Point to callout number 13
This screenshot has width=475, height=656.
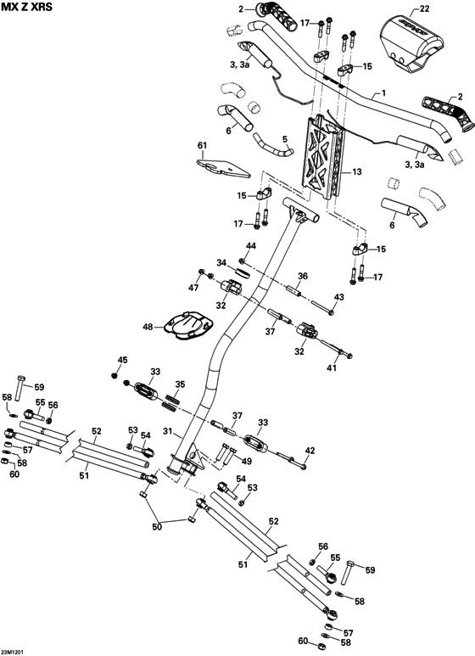click(x=357, y=171)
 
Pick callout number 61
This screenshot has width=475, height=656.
click(x=202, y=145)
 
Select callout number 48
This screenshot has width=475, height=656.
click(x=148, y=327)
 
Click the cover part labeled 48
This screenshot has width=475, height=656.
click(x=188, y=327)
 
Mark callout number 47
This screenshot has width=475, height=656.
click(x=194, y=289)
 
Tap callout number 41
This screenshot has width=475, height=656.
click(x=332, y=367)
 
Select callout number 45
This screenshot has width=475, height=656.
click(x=123, y=361)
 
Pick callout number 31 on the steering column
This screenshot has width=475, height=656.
click(x=167, y=431)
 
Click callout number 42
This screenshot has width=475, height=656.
click(x=310, y=451)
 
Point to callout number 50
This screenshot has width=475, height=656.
click(x=155, y=527)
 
